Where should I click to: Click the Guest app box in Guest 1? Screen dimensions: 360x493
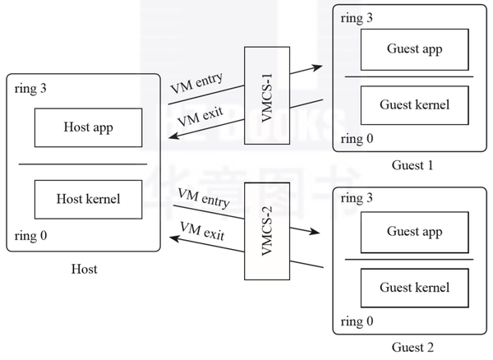click(x=414, y=49)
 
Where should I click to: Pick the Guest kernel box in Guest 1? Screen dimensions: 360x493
click(x=414, y=105)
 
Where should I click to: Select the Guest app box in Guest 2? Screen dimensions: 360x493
click(x=414, y=232)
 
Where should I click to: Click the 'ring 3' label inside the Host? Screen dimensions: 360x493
click(x=31, y=89)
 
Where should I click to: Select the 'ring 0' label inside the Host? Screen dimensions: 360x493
click(x=31, y=237)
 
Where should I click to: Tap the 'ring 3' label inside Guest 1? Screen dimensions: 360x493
click(x=356, y=18)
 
